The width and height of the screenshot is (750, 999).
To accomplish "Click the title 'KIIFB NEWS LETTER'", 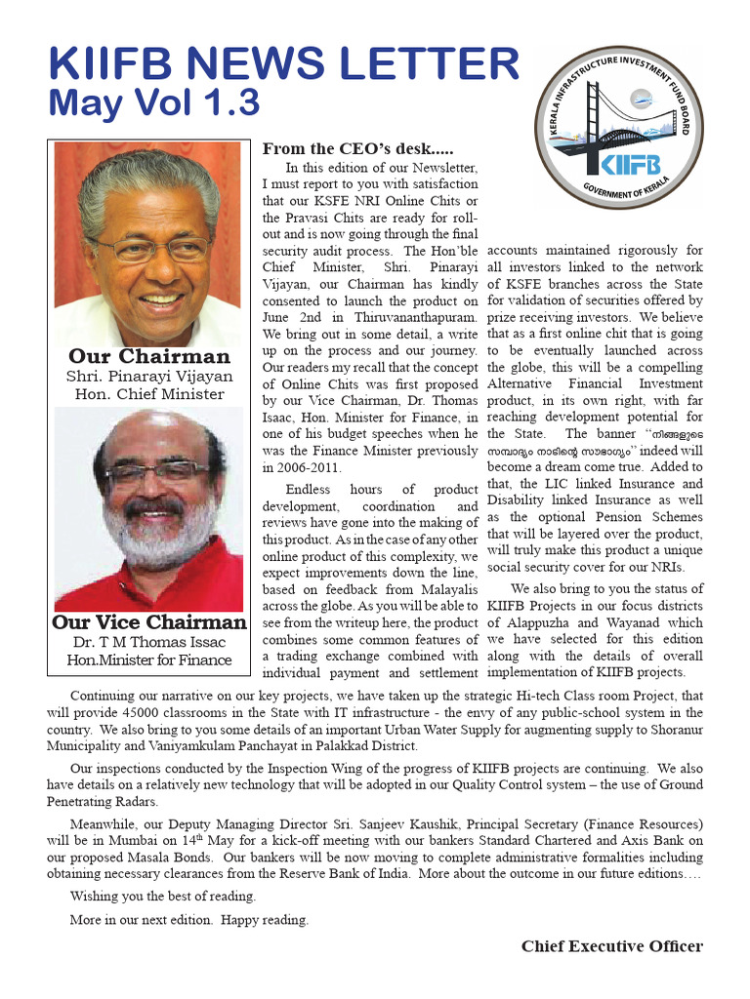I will [284, 65].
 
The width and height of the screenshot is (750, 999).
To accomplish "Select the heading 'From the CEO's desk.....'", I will [357, 149].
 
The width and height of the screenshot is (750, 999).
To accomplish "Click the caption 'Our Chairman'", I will [148, 356].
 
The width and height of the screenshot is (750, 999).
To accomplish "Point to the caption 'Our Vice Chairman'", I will [148, 622].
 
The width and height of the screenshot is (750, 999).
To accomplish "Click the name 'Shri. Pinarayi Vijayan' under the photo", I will [148, 377].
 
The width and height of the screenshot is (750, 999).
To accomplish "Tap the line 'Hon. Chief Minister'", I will [148, 395].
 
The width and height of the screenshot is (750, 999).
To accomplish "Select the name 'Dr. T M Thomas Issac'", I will [148, 642].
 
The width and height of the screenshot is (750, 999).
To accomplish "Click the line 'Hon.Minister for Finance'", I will [148, 660].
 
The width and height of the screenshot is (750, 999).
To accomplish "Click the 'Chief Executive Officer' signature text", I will [611, 945].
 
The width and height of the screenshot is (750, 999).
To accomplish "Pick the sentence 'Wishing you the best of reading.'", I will [163, 896].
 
